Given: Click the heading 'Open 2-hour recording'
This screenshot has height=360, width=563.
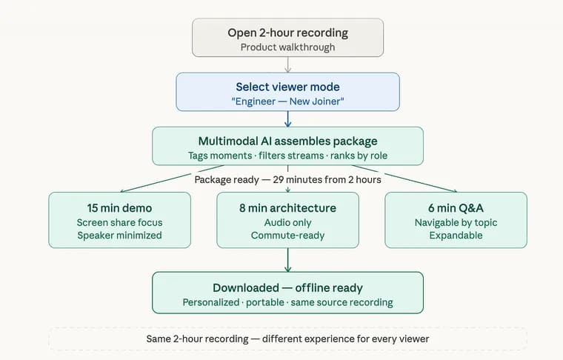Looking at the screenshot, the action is coord(287,33).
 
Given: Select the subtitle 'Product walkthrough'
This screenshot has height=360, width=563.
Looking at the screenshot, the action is coord(287,47).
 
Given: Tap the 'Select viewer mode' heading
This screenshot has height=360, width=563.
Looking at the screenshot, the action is coord(287,87).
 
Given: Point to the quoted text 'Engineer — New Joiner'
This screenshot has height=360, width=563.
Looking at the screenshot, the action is coord(287,101).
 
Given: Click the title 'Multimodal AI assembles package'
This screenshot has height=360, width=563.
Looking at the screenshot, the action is coord(287,141).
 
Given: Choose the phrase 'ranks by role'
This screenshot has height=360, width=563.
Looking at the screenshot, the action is coord(359,156).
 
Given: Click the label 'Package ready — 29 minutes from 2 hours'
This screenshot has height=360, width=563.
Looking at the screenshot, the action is coord(287,179).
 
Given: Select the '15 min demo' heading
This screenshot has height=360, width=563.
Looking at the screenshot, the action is coord(119,208).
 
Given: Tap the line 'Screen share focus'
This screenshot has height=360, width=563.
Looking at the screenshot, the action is coord(119,222).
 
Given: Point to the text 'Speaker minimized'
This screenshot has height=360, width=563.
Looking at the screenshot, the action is coord(119,236).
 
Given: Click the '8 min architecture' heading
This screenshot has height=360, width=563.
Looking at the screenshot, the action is coord(287,208).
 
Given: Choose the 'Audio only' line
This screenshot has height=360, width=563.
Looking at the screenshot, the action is coord(287,222).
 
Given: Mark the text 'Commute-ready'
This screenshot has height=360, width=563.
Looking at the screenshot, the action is coord(287,236).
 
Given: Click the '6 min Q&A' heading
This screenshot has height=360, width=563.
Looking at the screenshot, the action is coord(456,208).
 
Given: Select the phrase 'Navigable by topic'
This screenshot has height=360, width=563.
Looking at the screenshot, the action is coord(456,222).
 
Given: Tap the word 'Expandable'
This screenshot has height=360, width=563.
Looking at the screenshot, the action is coord(456,236).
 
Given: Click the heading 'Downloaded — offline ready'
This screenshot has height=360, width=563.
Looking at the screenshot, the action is coord(287,288).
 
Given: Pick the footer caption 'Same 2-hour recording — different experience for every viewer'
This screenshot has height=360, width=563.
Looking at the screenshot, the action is coord(287,339).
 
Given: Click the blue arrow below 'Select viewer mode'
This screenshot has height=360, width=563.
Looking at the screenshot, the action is coord(287,119).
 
